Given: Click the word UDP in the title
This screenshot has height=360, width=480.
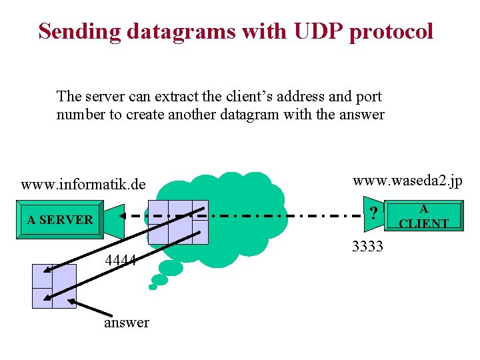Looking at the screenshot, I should coord(313,31).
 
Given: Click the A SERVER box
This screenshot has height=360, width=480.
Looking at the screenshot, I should coord(60,219).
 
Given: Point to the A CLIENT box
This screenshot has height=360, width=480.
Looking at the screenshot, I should coord(423,217).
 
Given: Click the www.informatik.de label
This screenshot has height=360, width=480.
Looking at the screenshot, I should coord(83,183).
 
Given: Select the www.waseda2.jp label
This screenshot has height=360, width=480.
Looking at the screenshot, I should coord(407,181).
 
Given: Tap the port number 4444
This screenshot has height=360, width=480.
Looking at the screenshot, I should coord(121,260).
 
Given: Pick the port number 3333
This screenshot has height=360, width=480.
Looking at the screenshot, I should coord(367,247).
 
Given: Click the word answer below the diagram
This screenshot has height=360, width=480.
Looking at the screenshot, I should coord(127,323).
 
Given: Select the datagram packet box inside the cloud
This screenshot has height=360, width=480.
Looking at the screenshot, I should coord(177,222).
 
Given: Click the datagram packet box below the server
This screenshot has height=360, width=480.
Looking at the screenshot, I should coord(54,286).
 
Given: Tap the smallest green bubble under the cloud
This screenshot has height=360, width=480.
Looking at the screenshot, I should coord(153,287).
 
